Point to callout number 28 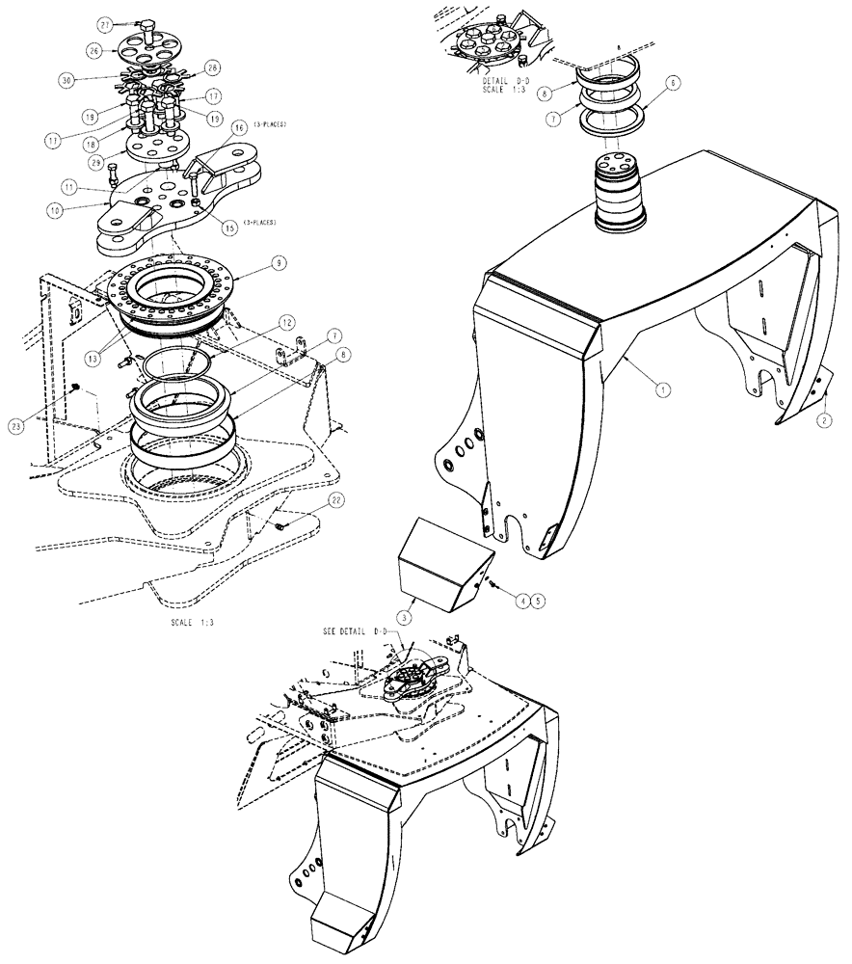pos(213,68)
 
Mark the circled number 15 pos(228,228)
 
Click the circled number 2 pos(824,419)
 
